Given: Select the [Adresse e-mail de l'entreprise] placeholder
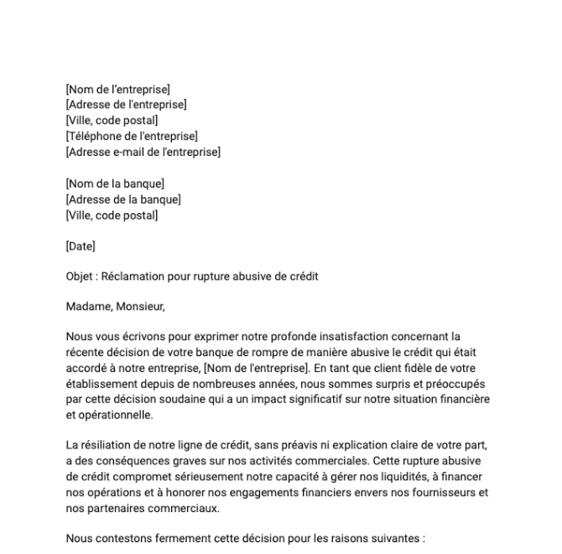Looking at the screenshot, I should [143, 152].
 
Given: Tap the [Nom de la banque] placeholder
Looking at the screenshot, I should [115, 184].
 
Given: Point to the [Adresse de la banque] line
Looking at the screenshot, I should [123, 199].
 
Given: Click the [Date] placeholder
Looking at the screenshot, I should [81, 246].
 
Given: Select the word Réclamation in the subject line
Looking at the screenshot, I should [133, 276].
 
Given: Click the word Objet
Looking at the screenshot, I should [80, 276].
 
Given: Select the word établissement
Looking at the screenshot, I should [101, 384].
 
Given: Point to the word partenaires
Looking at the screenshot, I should [115, 508].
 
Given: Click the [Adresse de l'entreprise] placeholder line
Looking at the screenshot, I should [126, 105].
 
